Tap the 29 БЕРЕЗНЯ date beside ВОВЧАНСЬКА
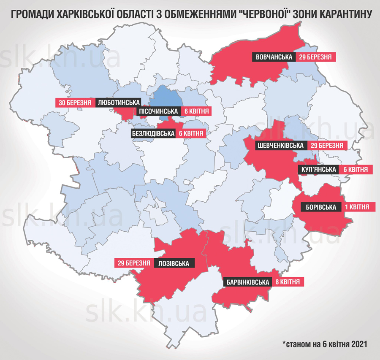(316, 57)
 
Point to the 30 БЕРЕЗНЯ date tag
(75, 103)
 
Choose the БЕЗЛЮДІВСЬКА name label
(153, 133)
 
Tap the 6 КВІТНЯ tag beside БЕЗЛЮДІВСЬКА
(191, 133)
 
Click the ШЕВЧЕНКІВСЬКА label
(280, 146)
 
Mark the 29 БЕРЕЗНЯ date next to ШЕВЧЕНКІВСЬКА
(326, 146)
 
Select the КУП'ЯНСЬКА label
(319, 169)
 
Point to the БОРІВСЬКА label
(321, 207)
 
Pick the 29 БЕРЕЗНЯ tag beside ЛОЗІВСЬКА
(133, 263)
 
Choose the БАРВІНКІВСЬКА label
(247, 282)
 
